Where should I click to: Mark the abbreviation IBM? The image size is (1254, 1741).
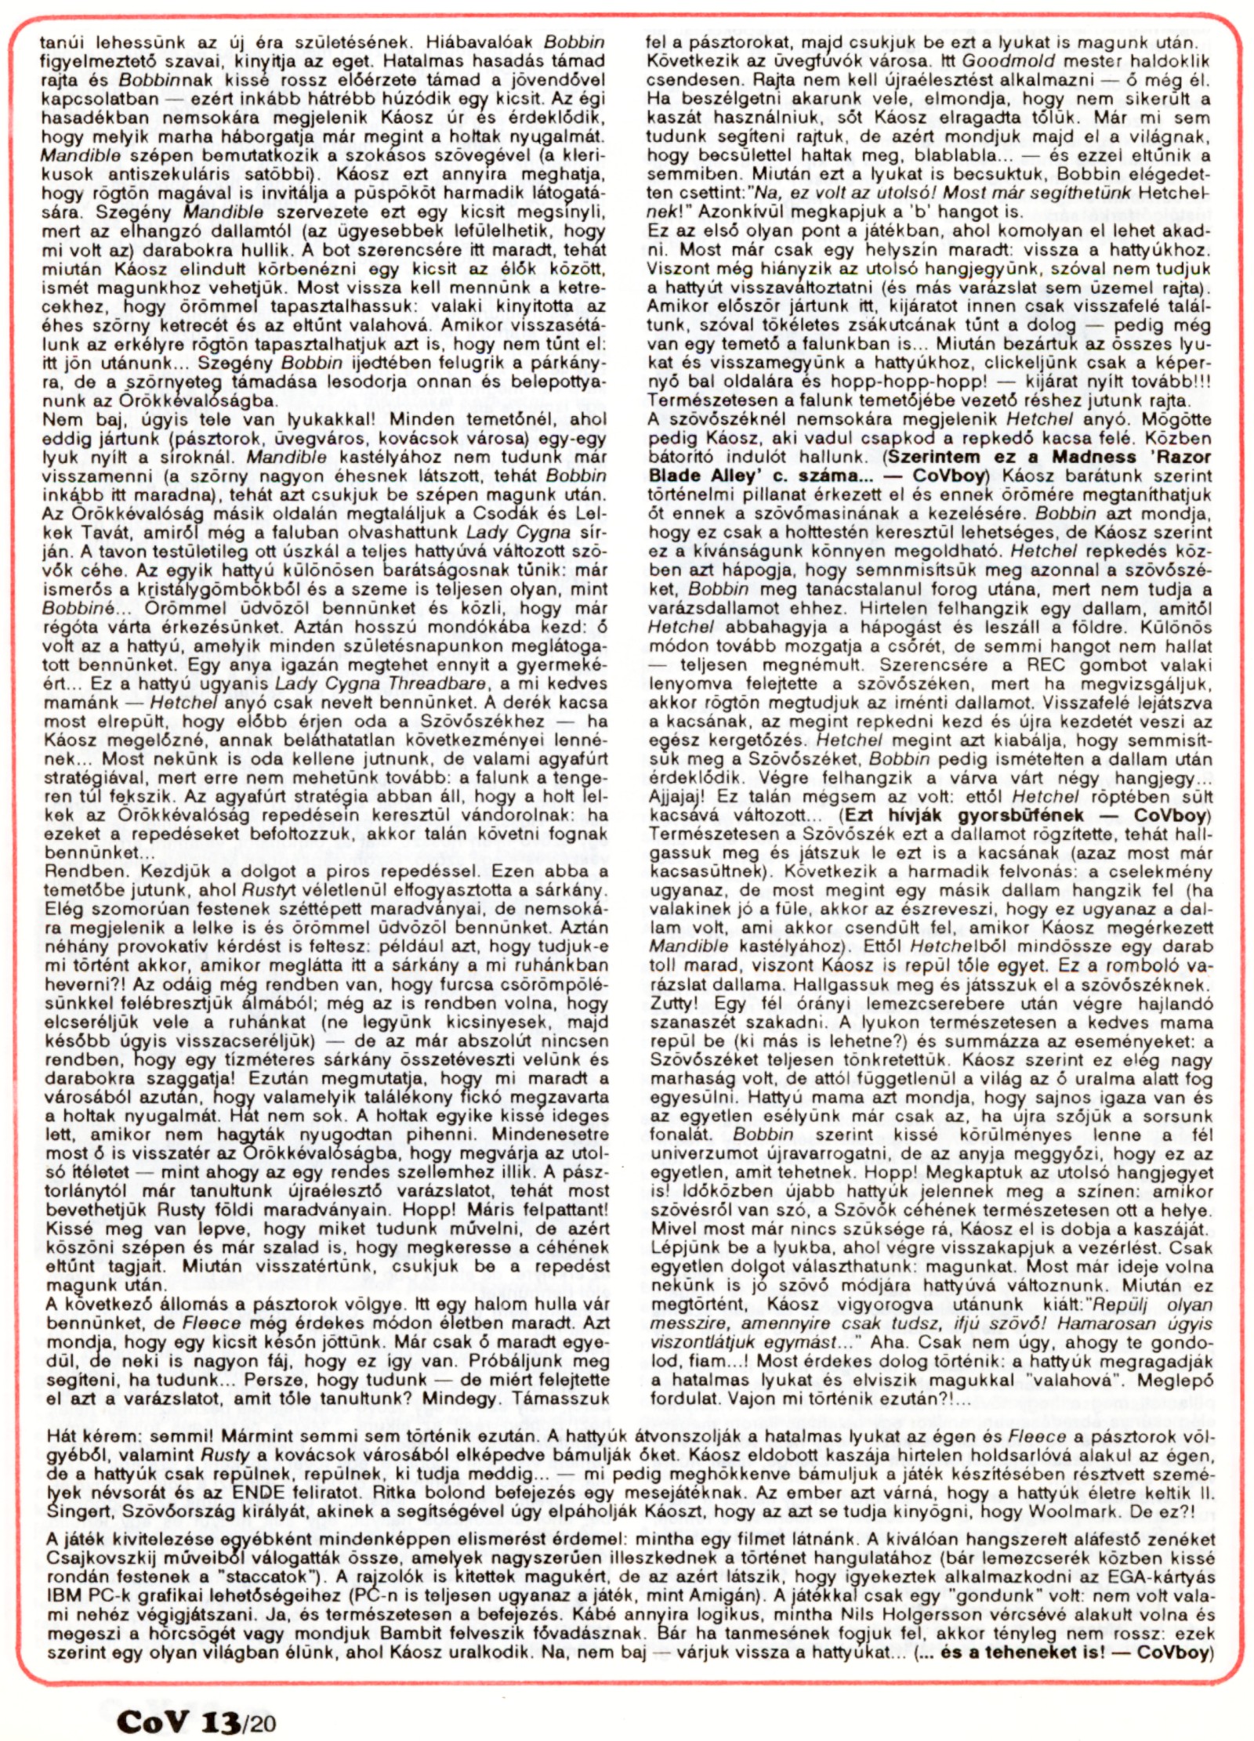[x=65, y=1594]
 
